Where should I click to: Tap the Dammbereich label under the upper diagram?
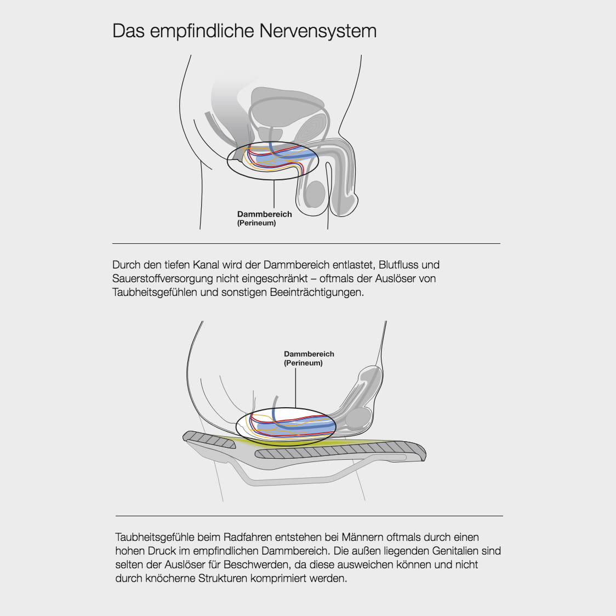coord(264,214)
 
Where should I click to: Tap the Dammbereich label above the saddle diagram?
coord(309,354)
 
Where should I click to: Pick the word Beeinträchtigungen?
coord(316,292)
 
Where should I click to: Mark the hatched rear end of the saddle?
coord(208,439)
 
